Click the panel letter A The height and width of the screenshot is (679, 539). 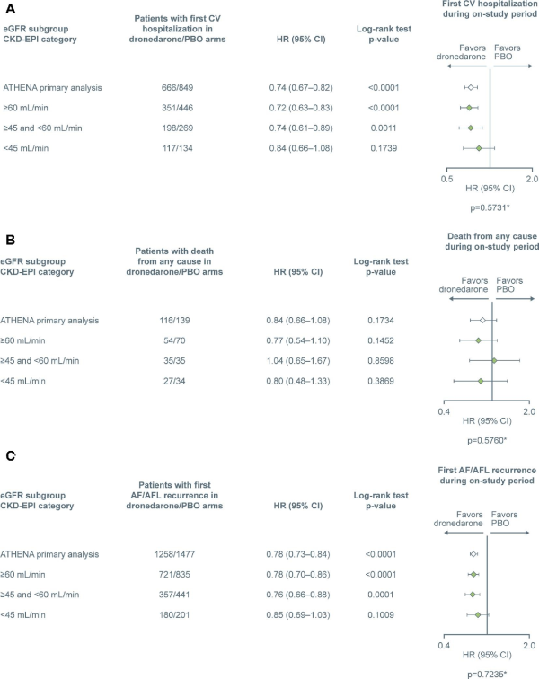click(10, 10)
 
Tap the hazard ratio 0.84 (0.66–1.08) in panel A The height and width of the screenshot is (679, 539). click(294, 148)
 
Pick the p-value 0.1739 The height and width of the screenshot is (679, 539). click(384, 148)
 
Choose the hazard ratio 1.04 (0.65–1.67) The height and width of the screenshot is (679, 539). click(294, 361)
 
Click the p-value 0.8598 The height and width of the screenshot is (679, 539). click(384, 361)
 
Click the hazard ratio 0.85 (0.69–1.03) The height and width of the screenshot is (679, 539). click(294, 614)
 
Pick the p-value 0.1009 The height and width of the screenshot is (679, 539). click(384, 614)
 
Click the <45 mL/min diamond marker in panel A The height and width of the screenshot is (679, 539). click(478, 148)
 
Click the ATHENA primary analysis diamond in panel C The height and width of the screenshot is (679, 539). click(473, 553)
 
